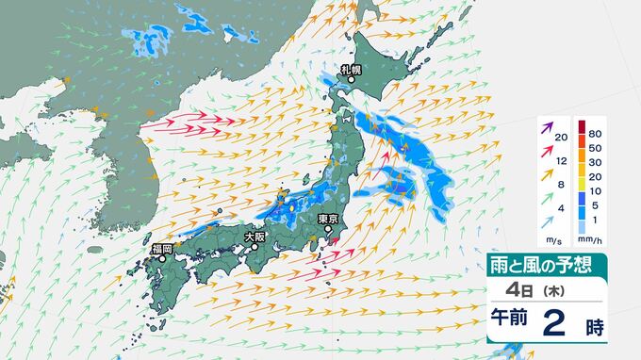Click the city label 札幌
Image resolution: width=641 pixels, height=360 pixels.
(x=351, y=70)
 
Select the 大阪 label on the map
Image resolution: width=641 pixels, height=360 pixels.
(x=255, y=237)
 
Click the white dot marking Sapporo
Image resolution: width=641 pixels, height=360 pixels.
(x=351, y=80)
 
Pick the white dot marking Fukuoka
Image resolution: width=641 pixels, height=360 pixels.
(x=163, y=257)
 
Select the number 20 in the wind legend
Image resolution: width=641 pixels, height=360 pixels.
(x=561, y=139)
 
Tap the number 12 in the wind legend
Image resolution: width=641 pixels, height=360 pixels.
(x=561, y=162)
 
